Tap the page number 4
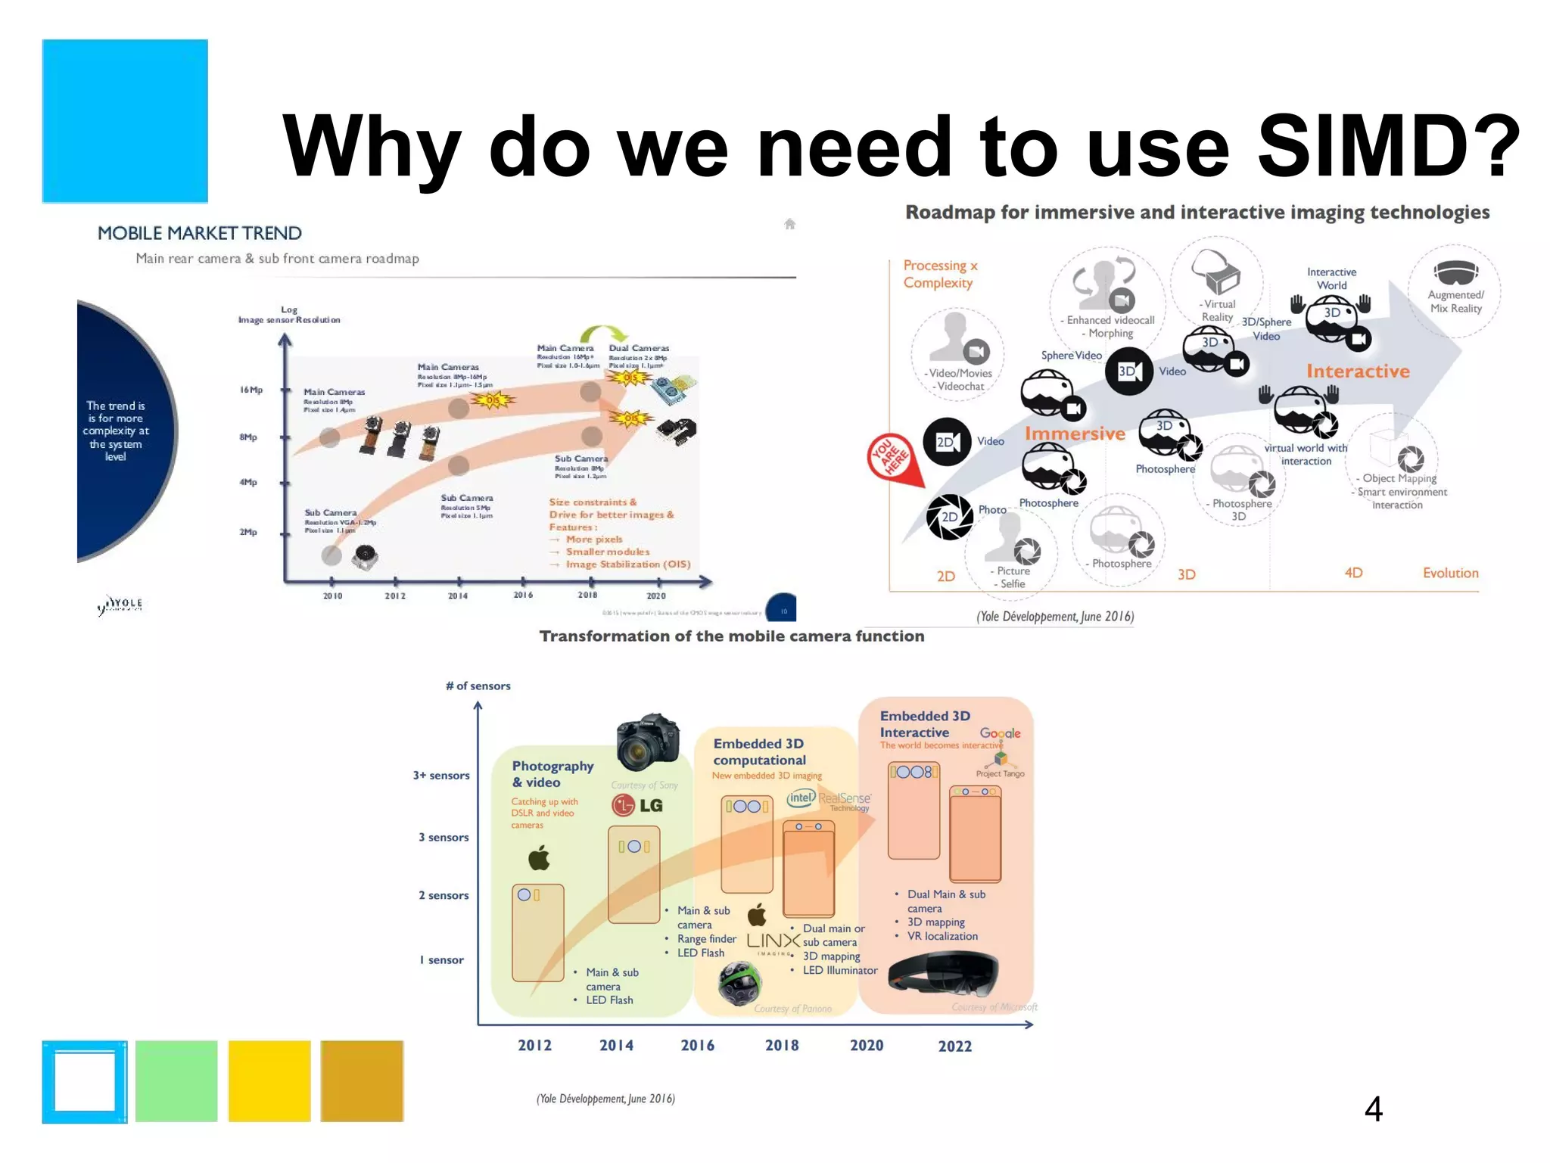[x=1373, y=1109]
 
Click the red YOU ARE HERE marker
[x=893, y=458]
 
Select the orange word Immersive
[x=1075, y=434]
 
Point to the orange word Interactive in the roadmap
[x=1358, y=372]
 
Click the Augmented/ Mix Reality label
[x=1455, y=301]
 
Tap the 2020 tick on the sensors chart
[x=867, y=1045]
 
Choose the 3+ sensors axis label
[x=441, y=776]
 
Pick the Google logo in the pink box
[x=1000, y=733]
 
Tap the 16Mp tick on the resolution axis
[x=252, y=390]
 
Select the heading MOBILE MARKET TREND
[x=200, y=233]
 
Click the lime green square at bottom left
[x=176, y=1081]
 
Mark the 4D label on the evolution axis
[x=1353, y=573]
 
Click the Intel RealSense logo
[x=829, y=800]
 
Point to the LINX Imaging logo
[x=773, y=942]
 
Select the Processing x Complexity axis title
[x=940, y=274]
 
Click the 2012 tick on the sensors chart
[x=534, y=1045]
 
